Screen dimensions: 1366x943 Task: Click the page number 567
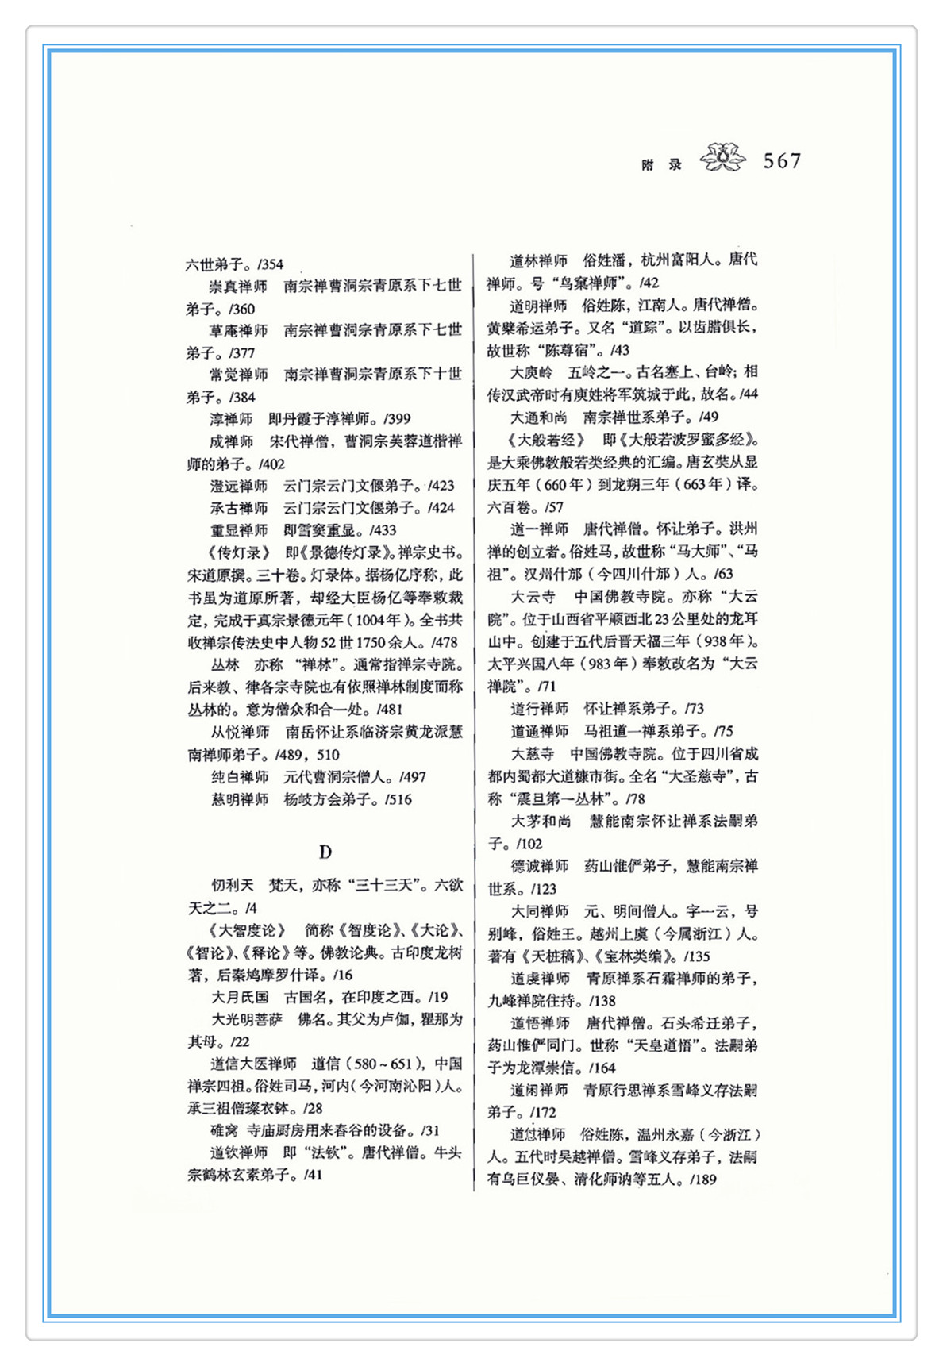tap(782, 161)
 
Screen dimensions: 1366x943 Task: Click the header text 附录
tap(662, 165)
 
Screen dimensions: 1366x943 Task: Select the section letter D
tap(325, 852)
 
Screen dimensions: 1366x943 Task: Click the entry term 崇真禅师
tap(238, 286)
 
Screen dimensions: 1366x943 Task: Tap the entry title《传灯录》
tap(233, 552)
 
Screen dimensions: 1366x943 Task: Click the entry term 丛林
tap(225, 664)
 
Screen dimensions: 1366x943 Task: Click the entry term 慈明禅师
tap(240, 799)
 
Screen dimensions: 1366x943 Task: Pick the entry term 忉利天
tap(232, 885)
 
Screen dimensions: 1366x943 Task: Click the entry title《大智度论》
tap(247, 930)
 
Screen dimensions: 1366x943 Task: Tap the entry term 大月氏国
tap(240, 997)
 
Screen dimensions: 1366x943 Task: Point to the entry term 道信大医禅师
tap(253, 1064)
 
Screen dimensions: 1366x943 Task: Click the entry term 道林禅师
tap(538, 260)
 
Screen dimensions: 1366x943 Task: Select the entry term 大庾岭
tap(531, 371)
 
